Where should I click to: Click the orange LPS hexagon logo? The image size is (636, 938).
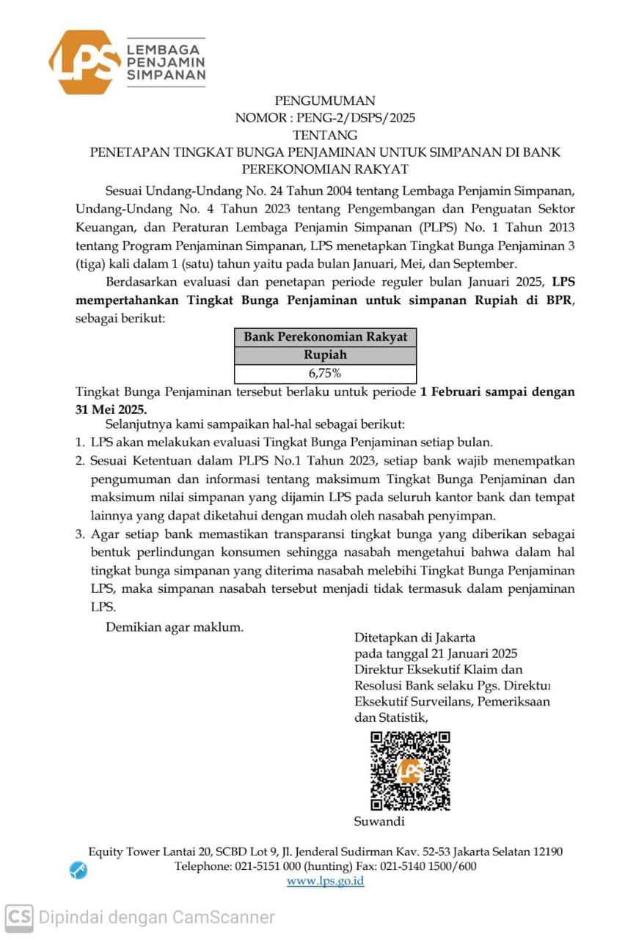pyautogui.click(x=84, y=62)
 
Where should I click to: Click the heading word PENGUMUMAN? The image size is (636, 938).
pyautogui.click(x=324, y=100)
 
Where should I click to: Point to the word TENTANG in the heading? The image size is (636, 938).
pyautogui.click(x=325, y=135)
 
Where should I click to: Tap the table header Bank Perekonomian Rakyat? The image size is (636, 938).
pyautogui.click(x=325, y=337)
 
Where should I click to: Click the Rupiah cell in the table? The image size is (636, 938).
pyautogui.click(x=325, y=355)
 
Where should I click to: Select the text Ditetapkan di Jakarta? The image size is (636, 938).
pyautogui.click(x=414, y=637)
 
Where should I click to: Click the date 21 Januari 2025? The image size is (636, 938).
pyautogui.click(x=470, y=654)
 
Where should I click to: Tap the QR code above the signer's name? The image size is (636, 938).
pyautogui.click(x=410, y=770)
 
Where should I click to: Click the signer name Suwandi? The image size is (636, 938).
pyautogui.click(x=379, y=821)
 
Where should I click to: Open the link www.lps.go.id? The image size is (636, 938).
pyautogui.click(x=325, y=881)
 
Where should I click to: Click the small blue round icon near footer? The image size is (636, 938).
pyautogui.click(x=78, y=871)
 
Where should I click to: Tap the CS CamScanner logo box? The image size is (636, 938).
pyautogui.click(x=19, y=917)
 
